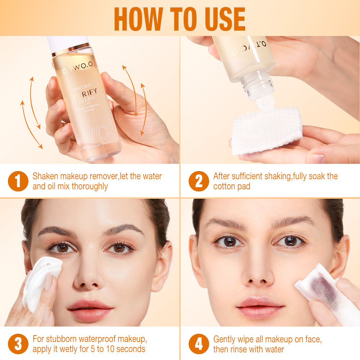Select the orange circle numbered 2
tap(199, 181)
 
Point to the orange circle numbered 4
tap(199, 344)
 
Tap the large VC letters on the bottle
tap(96, 133)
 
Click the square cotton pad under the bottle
tap(266, 130)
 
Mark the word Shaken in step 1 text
tap(45, 176)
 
